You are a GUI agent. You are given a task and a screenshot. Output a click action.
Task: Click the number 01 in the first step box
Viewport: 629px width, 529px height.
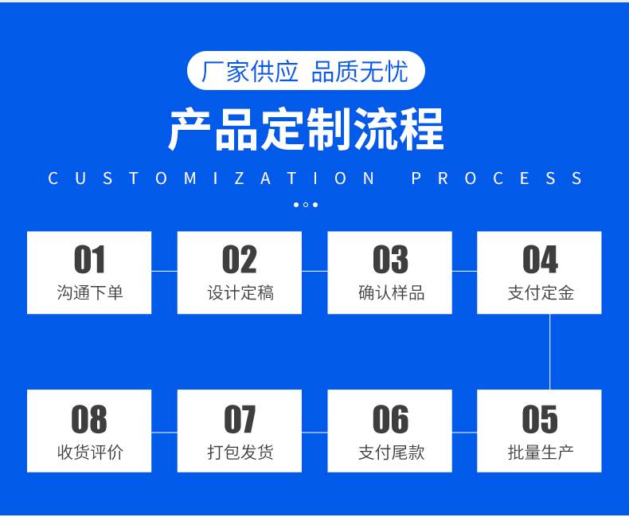tap(89, 259)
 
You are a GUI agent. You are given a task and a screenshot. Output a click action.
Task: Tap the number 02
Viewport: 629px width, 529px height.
tap(240, 259)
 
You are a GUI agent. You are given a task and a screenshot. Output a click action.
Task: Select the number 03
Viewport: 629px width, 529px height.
tap(390, 259)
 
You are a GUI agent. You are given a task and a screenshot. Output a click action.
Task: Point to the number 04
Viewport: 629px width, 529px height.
tap(540, 259)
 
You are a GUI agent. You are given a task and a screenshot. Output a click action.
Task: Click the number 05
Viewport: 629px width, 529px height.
tap(540, 419)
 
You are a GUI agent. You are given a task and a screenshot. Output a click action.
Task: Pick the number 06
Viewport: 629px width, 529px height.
tap(390, 419)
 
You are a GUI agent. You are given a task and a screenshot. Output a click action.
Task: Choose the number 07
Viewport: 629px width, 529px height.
tap(240, 419)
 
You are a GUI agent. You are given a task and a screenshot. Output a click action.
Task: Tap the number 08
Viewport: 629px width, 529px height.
tap(89, 419)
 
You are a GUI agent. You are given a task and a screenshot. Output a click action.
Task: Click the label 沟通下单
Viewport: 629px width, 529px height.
tap(89, 292)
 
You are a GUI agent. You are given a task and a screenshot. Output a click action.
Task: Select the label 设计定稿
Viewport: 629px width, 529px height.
tap(240, 292)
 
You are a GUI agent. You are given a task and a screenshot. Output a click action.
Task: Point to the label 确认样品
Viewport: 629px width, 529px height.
tap(391, 292)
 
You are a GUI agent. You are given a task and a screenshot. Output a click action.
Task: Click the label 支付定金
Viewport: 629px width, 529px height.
tap(541, 292)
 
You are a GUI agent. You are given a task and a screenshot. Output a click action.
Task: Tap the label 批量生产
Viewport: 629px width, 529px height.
tap(541, 453)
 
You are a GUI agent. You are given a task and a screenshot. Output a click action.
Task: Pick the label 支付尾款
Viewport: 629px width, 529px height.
tap(391, 453)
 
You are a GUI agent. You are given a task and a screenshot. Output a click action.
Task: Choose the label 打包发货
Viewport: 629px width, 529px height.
tap(240, 453)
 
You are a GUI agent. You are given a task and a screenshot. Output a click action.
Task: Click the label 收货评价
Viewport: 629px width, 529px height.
tap(89, 453)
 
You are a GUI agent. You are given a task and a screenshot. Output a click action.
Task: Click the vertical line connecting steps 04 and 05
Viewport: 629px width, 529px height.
tap(549, 351)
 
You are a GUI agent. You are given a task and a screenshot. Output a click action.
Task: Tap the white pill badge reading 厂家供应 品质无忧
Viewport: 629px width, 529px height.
tap(306, 71)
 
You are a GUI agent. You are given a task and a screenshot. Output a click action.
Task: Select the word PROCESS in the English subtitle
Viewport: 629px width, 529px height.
tap(497, 178)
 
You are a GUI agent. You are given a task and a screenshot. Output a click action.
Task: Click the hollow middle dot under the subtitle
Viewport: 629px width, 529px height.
tap(306, 205)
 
